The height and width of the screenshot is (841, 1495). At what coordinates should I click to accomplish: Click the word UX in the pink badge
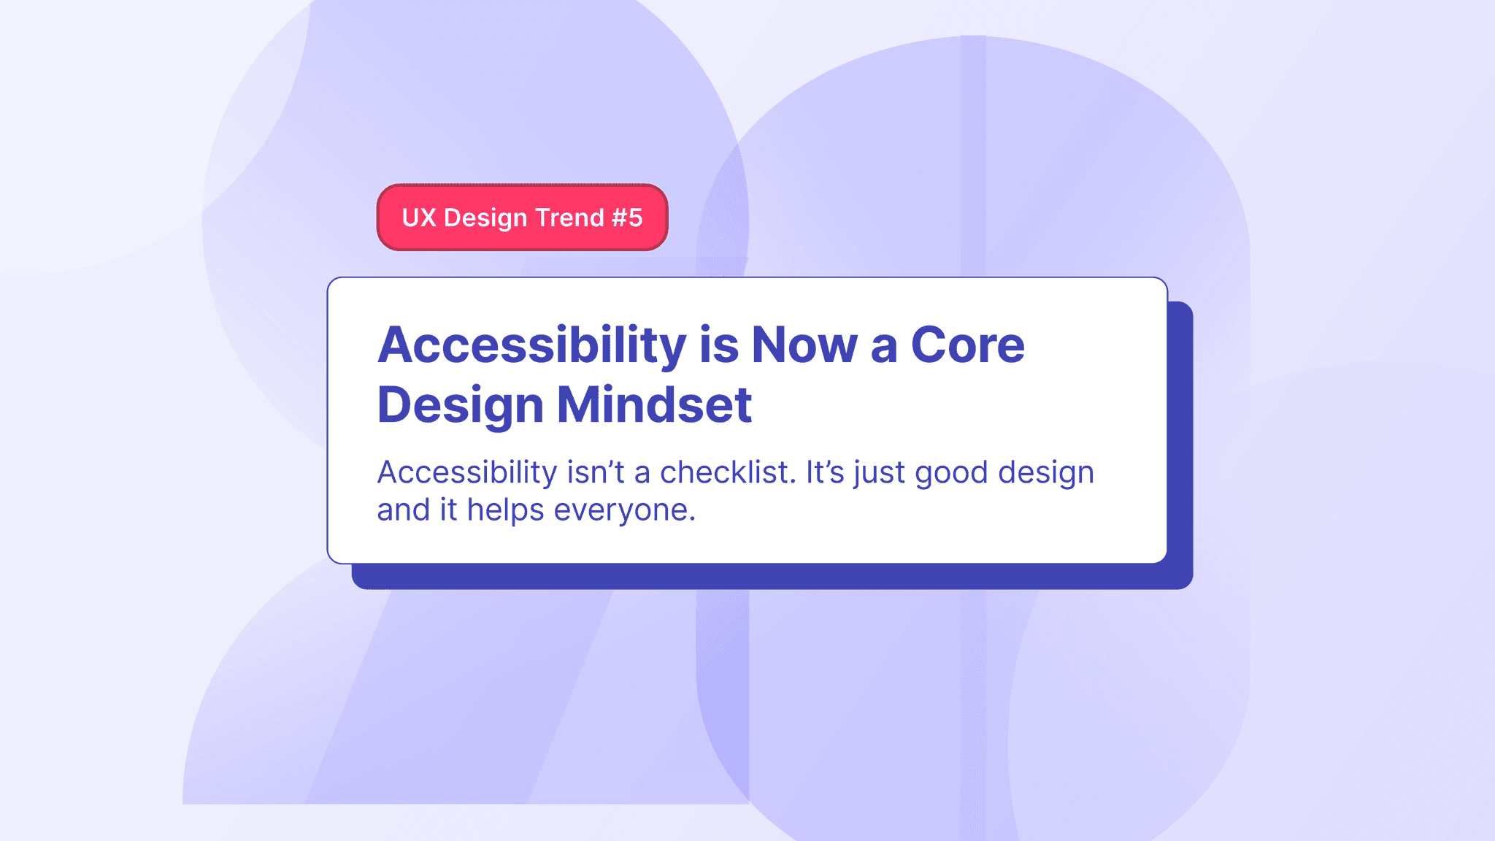[x=419, y=218]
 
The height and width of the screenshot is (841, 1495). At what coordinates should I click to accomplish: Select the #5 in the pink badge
[x=627, y=218]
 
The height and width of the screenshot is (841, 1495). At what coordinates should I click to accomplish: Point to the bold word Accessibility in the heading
[x=531, y=345]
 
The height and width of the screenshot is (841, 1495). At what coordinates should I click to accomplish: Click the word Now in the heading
[x=804, y=345]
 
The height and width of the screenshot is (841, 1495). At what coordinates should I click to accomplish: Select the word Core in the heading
[x=967, y=345]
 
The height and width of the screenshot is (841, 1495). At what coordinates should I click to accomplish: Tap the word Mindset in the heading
[x=655, y=405]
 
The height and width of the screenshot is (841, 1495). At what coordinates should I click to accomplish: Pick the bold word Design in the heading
[x=460, y=407]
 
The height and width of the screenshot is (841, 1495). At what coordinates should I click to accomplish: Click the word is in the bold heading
[x=719, y=345]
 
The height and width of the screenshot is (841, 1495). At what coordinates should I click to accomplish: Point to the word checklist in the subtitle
[x=727, y=472]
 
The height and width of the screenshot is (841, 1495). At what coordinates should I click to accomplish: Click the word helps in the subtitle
[x=505, y=510]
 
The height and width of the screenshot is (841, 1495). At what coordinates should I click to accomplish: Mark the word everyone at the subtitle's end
[x=624, y=510]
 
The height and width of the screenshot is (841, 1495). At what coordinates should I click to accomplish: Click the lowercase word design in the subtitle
[x=1046, y=474]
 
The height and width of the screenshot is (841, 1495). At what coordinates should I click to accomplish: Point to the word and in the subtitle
[x=403, y=510]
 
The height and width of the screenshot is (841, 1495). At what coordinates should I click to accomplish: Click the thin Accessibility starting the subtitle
[x=467, y=472]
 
